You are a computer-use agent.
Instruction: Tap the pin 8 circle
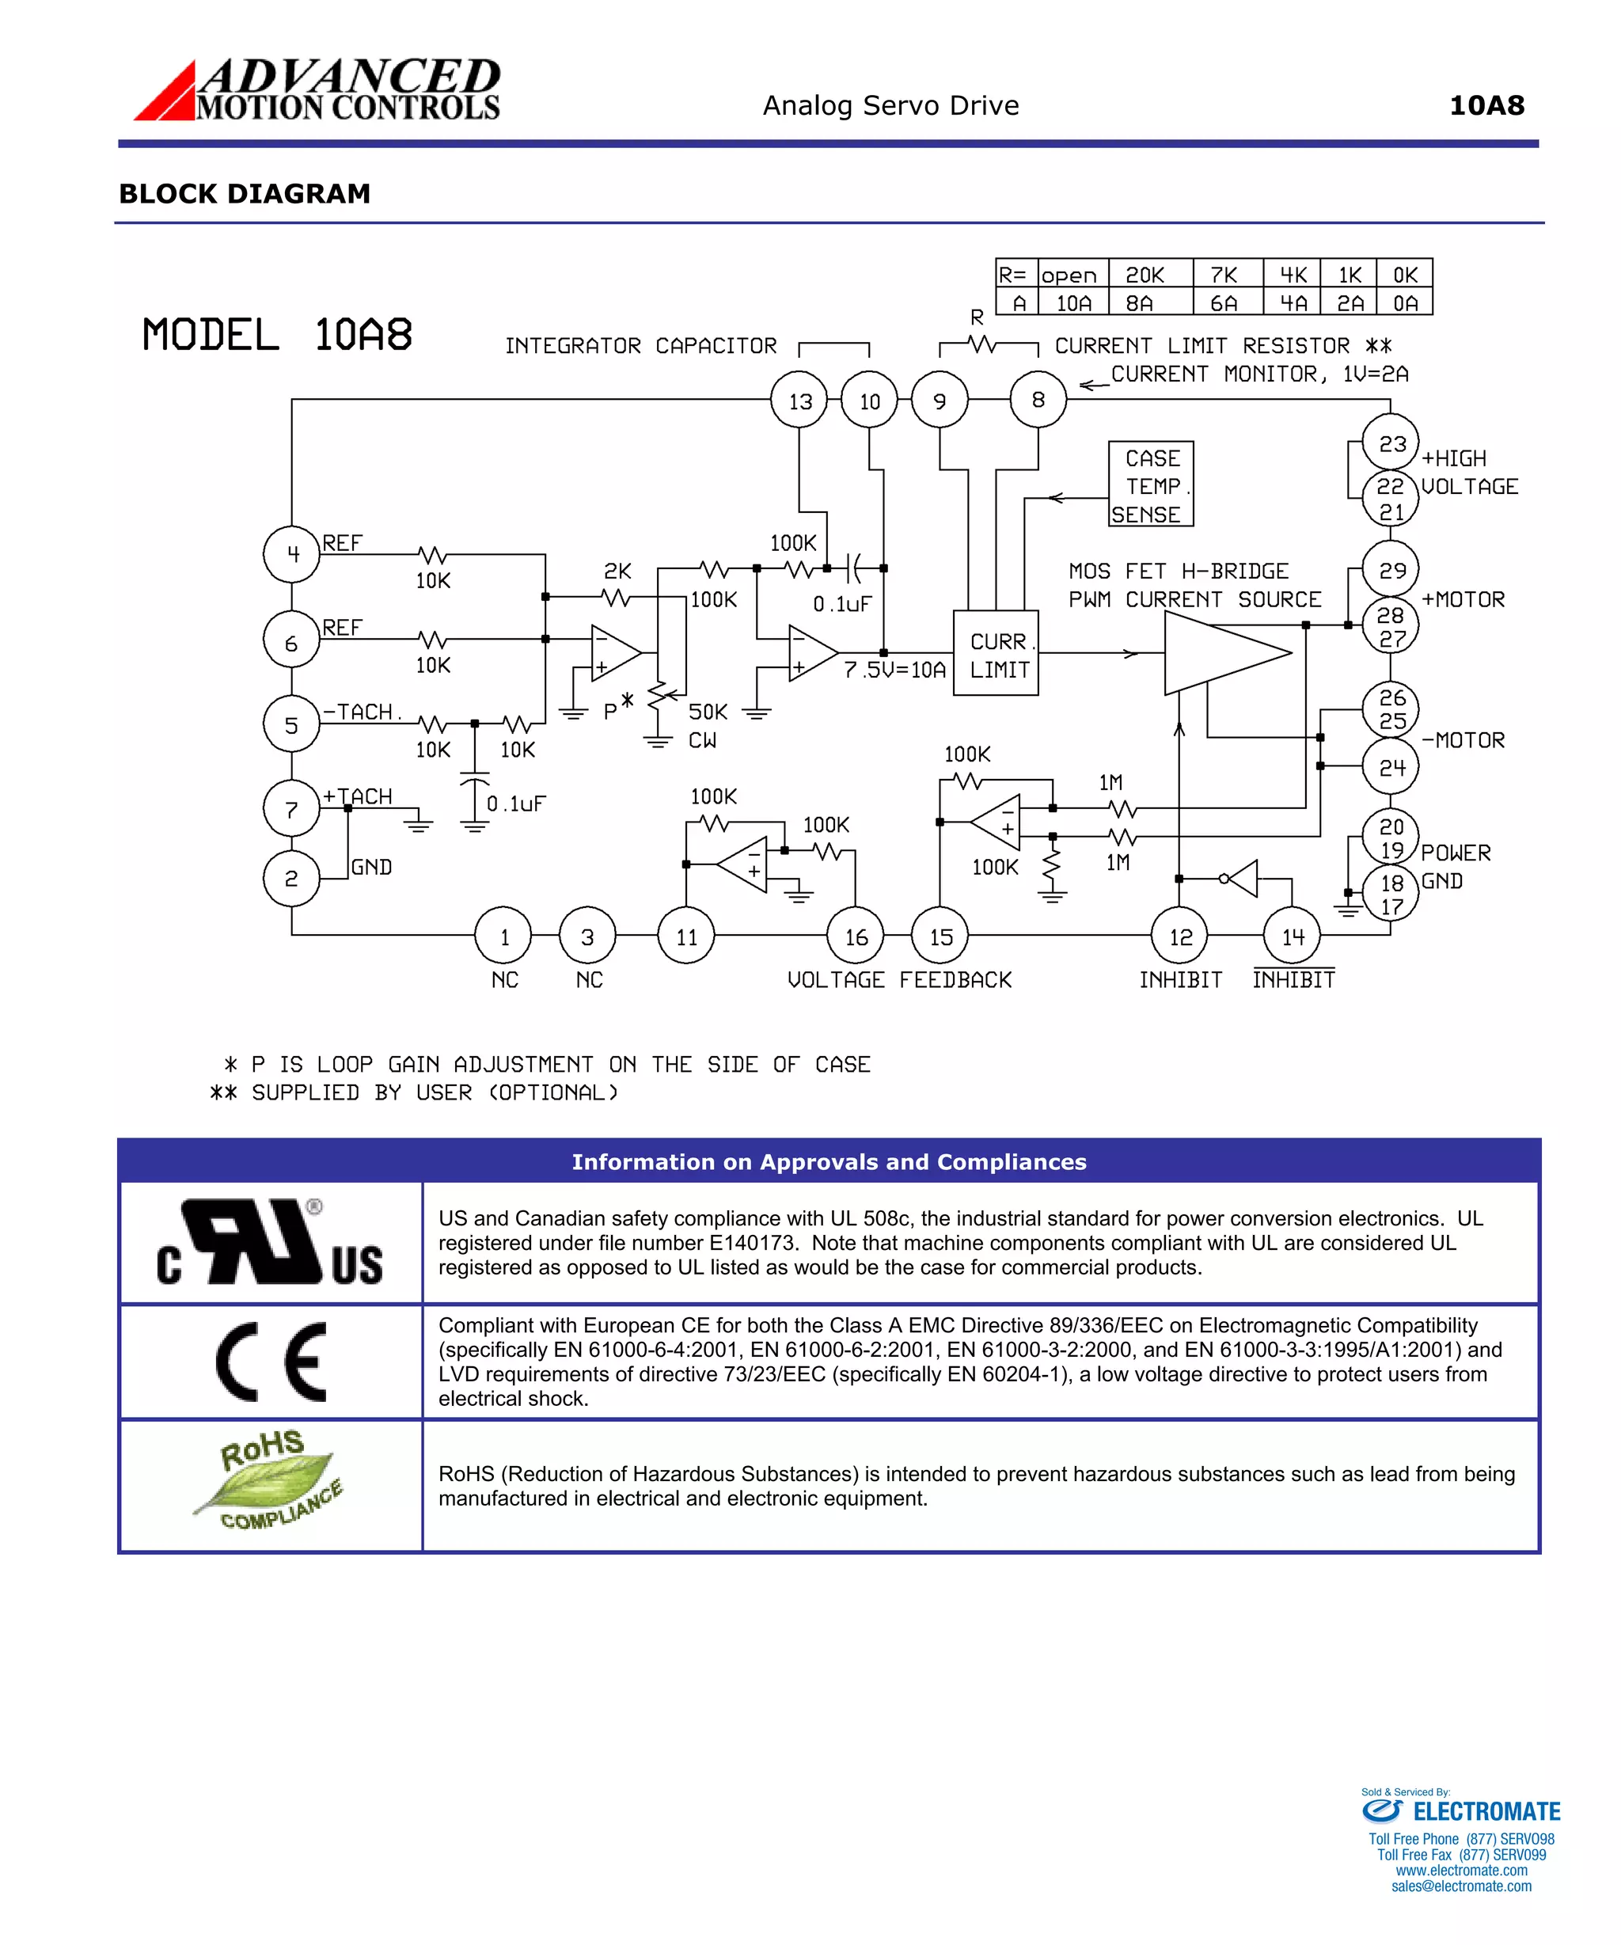click(1038, 399)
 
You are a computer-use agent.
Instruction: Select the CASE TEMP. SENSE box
click(1150, 484)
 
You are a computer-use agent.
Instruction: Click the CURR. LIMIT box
click(996, 653)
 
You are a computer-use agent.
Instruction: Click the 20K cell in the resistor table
click(1145, 275)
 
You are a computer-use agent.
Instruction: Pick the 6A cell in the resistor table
click(1223, 303)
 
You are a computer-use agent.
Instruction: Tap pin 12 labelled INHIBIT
click(1179, 936)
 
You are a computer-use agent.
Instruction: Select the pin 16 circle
click(855, 936)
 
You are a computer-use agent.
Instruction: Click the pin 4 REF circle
click(292, 554)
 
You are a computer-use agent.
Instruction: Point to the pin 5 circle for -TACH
click(292, 724)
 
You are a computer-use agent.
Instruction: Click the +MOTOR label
click(1463, 599)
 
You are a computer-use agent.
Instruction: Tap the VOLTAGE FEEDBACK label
click(898, 980)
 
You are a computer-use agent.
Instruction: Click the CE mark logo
click(271, 1362)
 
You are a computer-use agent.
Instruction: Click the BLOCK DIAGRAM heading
click(245, 194)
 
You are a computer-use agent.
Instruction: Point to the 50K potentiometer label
click(708, 712)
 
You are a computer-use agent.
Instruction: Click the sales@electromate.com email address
click(1461, 1886)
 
